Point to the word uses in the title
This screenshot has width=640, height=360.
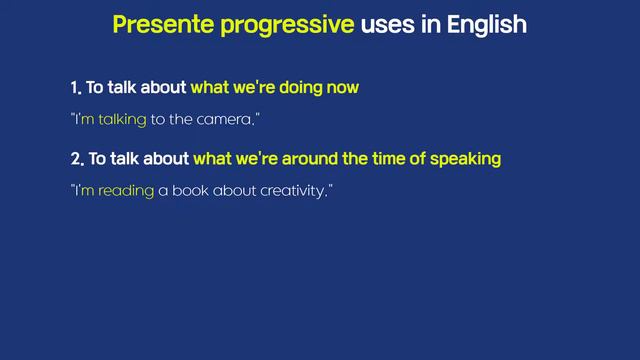point(391,25)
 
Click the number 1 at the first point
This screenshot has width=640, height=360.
point(74,88)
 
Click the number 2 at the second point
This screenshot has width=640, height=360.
point(75,158)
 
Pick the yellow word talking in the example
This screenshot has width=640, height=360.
point(122,119)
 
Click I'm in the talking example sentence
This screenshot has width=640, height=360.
point(84,119)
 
